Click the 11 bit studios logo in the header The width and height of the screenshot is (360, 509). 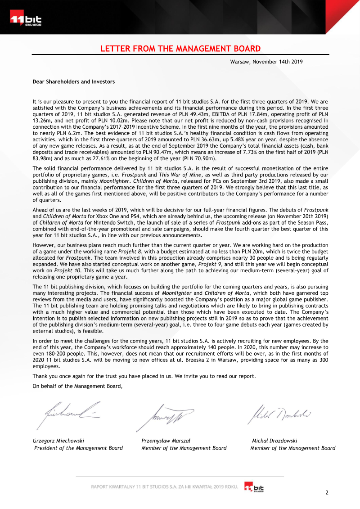pos(25,20)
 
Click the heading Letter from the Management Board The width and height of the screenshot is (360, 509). pos(180,49)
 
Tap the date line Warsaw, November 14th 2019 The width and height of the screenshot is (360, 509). pos(266,61)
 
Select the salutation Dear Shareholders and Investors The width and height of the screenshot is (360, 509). pos(74,81)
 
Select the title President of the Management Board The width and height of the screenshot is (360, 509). pos(78,448)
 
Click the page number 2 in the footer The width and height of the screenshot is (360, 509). pos(327,492)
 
